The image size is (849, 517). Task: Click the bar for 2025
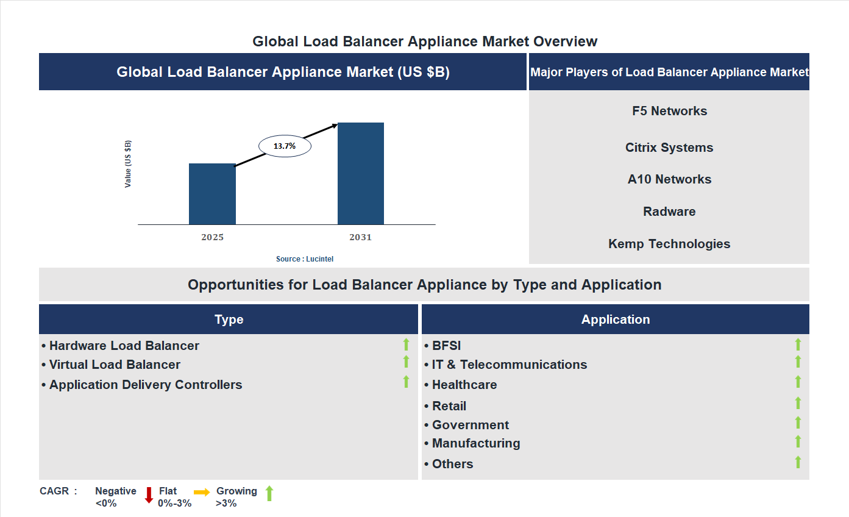click(x=212, y=194)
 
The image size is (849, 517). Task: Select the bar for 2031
click(x=361, y=173)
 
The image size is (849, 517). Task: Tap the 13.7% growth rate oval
click(x=285, y=146)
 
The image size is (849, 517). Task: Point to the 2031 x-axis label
click(x=360, y=237)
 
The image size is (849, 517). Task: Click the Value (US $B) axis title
click(x=128, y=164)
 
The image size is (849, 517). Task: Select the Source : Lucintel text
click(x=305, y=259)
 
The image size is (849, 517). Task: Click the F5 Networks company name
click(x=669, y=111)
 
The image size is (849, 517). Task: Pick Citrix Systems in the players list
click(x=669, y=148)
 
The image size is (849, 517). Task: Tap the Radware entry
click(x=669, y=212)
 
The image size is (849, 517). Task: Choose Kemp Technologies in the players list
click(x=669, y=244)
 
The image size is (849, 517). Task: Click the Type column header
click(x=229, y=319)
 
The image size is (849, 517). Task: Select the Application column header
click(x=616, y=319)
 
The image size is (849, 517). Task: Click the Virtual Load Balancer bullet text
click(x=115, y=365)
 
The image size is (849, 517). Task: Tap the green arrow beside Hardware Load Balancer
click(x=406, y=344)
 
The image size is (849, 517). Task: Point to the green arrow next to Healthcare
click(x=798, y=382)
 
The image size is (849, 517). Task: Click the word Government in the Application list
click(x=471, y=425)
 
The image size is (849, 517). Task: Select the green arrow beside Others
click(x=798, y=462)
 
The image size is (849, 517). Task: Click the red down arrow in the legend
click(x=149, y=495)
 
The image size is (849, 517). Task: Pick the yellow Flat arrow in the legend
click(x=202, y=492)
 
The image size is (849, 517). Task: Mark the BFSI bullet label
click(x=446, y=346)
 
